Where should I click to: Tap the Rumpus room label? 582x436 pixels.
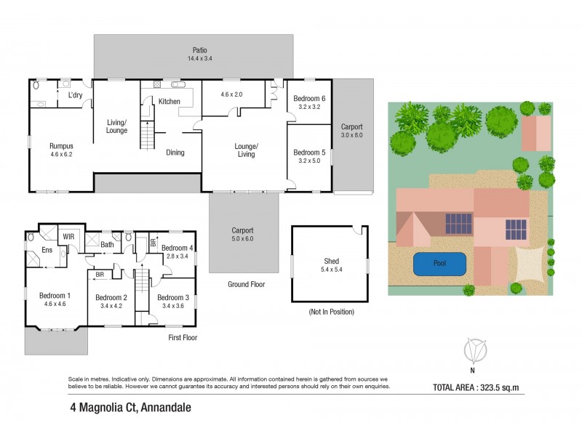tap(61, 145)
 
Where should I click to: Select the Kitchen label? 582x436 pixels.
tap(169, 101)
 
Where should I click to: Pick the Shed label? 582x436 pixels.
tap(331, 262)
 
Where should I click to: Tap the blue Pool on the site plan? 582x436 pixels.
tap(440, 264)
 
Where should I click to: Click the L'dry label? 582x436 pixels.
tap(75, 95)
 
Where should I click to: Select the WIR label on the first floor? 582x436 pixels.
tap(69, 237)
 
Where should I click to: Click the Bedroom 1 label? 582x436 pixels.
tap(56, 296)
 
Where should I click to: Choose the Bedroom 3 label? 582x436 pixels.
tap(173, 298)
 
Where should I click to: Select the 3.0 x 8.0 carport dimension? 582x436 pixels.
tap(352, 135)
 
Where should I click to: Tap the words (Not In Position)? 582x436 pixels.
tap(330, 312)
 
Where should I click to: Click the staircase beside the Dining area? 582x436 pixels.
tap(148, 136)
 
